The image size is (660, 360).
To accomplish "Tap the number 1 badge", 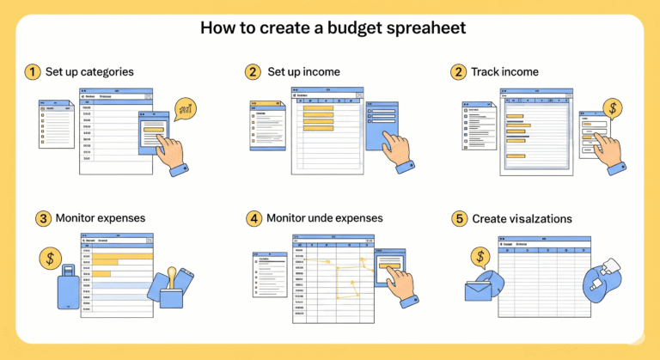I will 33,72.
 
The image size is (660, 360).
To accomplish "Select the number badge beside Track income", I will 459,72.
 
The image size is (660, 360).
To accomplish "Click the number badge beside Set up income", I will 253,72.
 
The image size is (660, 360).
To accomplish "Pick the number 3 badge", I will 44,218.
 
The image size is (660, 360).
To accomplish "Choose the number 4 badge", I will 254,218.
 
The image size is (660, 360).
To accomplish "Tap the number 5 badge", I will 460,219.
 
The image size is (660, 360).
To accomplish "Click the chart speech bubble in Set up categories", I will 185,109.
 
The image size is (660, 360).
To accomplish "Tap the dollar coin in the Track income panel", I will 613,108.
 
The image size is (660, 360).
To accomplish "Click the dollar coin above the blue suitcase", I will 51,257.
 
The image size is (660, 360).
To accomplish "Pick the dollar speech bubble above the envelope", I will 481,257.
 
